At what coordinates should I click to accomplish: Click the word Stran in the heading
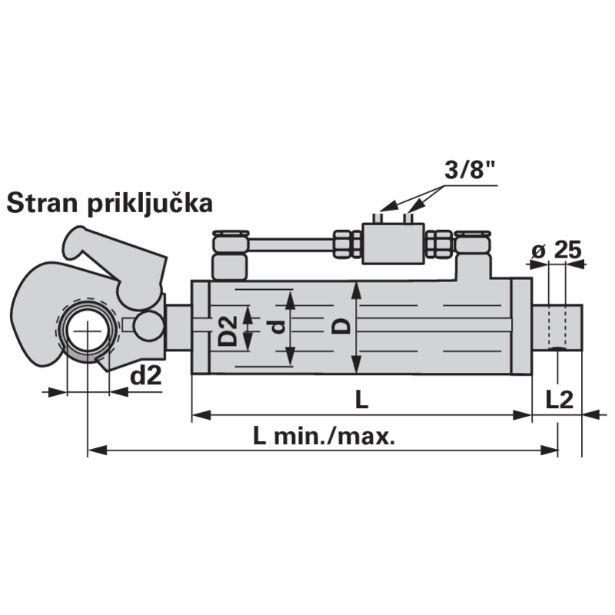[x=42, y=203]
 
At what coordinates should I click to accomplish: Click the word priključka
[x=150, y=204]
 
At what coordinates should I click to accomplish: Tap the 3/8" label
[x=470, y=169]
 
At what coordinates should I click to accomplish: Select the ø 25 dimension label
[x=556, y=250]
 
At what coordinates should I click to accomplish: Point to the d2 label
[x=146, y=376]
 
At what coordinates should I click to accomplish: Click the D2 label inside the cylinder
[x=228, y=331]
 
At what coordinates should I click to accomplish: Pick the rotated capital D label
[x=341, y=326]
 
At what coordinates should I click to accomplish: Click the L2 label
[x=560, y=400]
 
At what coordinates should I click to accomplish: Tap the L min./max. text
[x=324, y=436]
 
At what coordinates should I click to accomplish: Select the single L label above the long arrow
[x=361, y=400]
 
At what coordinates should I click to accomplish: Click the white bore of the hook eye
[x=87, y=331]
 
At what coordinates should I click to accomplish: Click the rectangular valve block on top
[x=393, y=243]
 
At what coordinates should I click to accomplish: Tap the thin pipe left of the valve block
[x=291, y=245]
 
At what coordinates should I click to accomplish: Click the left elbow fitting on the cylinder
[x=230, y=255]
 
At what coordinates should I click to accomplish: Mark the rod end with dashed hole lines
[x=557, y=326]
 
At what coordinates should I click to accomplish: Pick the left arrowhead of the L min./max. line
[x=97, y=450]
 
